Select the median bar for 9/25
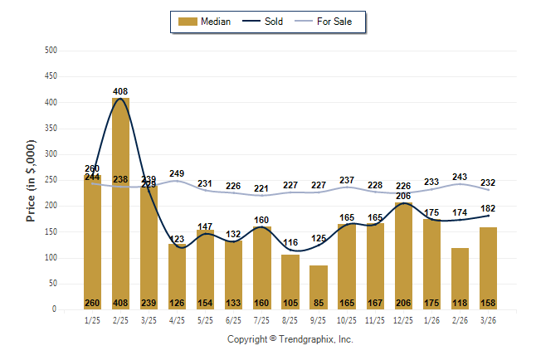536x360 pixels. pos(319,286)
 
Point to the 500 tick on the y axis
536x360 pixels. pos(51,51)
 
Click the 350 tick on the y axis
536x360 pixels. pos(51,129)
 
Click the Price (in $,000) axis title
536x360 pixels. pos(32,180)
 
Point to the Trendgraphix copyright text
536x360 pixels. pos(290,339)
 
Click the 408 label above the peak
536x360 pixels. pos(120,91)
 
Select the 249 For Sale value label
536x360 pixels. pos(177,173)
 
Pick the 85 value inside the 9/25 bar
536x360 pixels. pos(319,303)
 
